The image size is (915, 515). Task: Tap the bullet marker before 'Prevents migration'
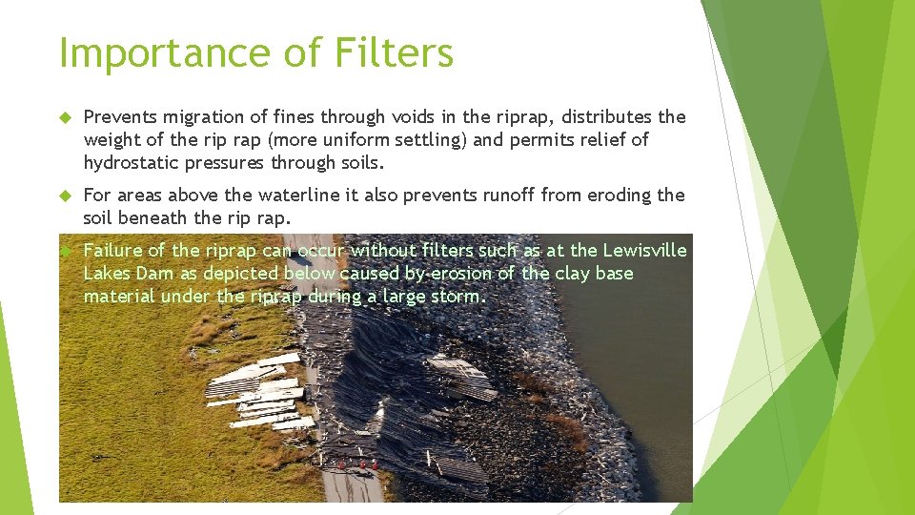pyautogui.click(x=65, y=117)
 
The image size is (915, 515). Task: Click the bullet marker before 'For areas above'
pyautogui.click(x=65, y=196)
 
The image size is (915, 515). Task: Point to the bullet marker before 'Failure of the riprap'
pyautogui.click(x=65, y=251)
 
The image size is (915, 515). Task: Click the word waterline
pyautogui.click(x=296, y=196)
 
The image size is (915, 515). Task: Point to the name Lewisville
pyautogui.click(x=643, y=251)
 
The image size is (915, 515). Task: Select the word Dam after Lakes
pyautogui.click(x=158, y=274)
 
